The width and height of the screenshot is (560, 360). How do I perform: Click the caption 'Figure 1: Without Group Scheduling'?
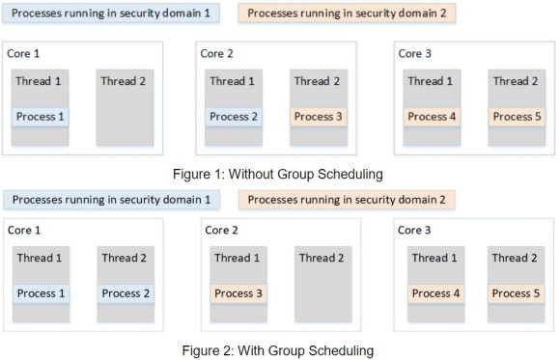coord(274,174)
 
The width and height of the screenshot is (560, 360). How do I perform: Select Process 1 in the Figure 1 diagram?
coord(42,117)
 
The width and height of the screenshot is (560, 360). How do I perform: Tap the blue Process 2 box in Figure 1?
coord(234,117)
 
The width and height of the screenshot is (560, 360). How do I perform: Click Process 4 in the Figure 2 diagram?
coord(432,293)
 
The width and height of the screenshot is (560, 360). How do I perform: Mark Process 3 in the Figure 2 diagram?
coord(238,293)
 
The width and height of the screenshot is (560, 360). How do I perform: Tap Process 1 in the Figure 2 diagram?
coord(42,293)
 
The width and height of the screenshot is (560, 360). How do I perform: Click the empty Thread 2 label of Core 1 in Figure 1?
coord(123,81)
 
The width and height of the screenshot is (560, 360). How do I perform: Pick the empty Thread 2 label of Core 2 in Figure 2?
coord(322,258)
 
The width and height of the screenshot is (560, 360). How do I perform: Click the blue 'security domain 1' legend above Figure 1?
coord(111,14)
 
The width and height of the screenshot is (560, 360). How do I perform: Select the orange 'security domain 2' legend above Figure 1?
coord(347,14)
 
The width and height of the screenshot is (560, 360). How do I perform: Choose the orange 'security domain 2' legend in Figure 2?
coord(347,200)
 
